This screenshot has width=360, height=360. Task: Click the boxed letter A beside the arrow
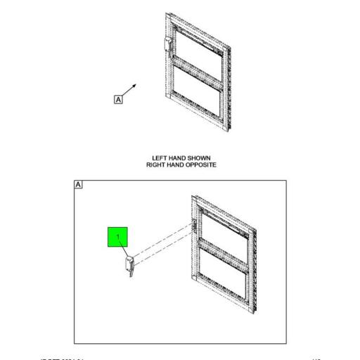(x=117, y=100)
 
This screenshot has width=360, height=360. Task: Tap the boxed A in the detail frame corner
(x=79, y=184)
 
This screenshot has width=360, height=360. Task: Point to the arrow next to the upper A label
(x=131, y=87)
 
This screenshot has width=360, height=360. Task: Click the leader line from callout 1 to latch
(x=124, y=251)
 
